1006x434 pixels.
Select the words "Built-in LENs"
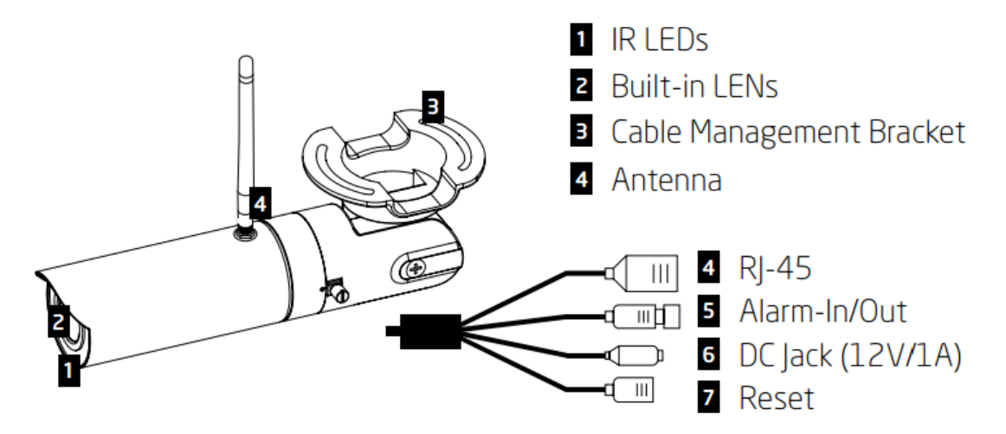(695, 86)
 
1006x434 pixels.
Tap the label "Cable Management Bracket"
(787, 132)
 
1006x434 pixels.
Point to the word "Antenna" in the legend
(667, 180)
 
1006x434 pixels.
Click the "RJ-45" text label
(774, 268)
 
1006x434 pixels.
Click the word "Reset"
(777, 398)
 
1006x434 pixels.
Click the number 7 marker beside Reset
(707, 398)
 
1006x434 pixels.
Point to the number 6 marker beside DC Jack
(707, 354)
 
